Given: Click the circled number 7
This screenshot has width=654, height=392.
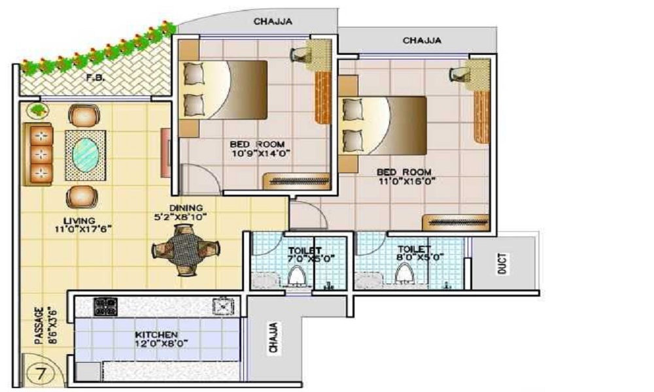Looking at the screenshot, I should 40,374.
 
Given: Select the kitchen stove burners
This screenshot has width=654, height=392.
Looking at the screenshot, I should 105,306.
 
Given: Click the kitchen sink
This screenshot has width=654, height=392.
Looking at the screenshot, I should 224,305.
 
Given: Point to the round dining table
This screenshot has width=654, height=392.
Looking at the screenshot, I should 183,249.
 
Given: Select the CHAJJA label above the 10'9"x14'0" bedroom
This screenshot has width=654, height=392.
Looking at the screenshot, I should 273,22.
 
